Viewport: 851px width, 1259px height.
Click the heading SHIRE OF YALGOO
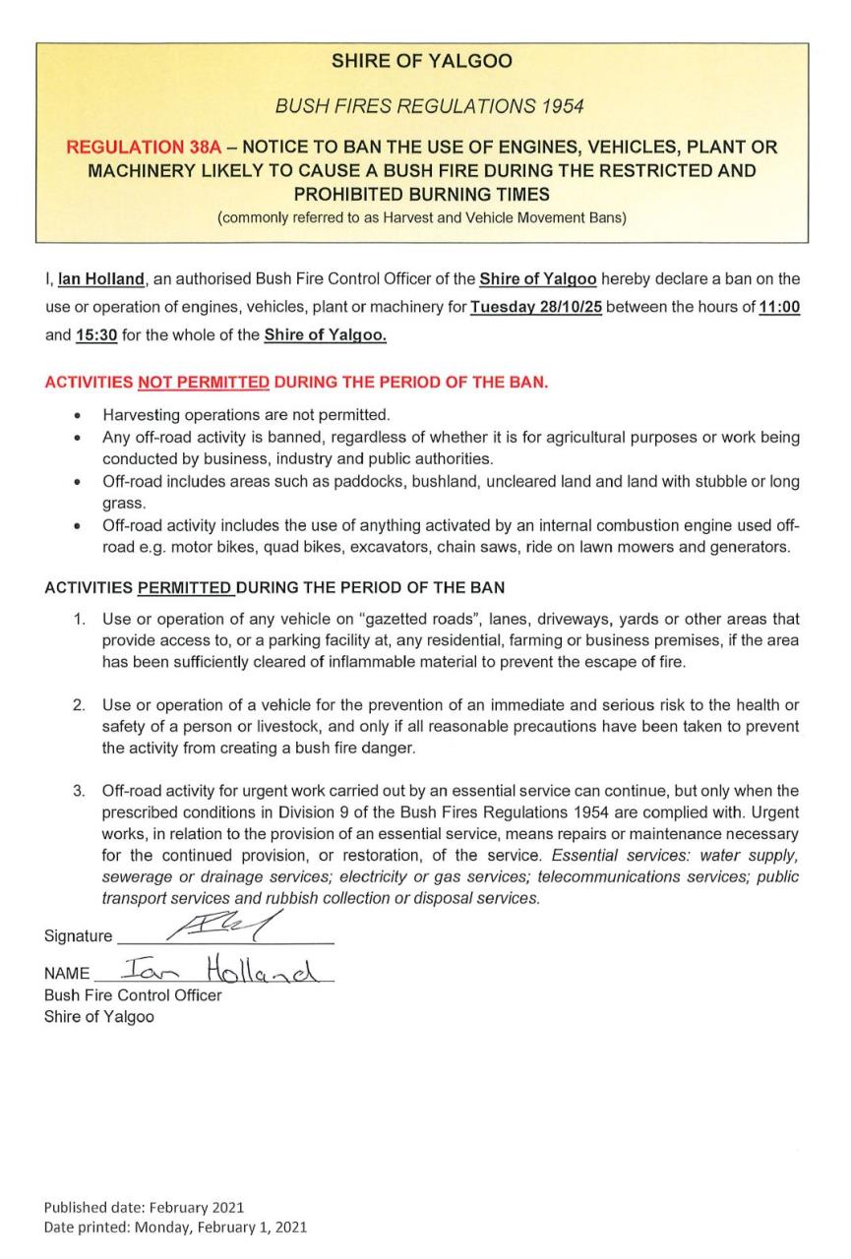pos(421,61)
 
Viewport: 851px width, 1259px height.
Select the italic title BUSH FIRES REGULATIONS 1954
pos(421,104)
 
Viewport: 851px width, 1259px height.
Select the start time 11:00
pos(780,307)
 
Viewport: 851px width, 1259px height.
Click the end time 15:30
pos(96,334)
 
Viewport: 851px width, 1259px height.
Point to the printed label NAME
pos(66,975)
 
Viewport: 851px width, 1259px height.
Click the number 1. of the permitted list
pos(82,620)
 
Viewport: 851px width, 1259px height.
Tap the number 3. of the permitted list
pos(82,791)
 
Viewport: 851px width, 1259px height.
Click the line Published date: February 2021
pos(144,1207)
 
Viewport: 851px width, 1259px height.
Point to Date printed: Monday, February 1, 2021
pos(175,1227)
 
